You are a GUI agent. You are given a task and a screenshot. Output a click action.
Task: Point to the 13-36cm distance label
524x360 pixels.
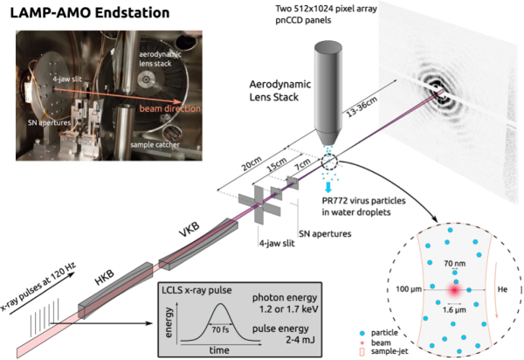point(373,120)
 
